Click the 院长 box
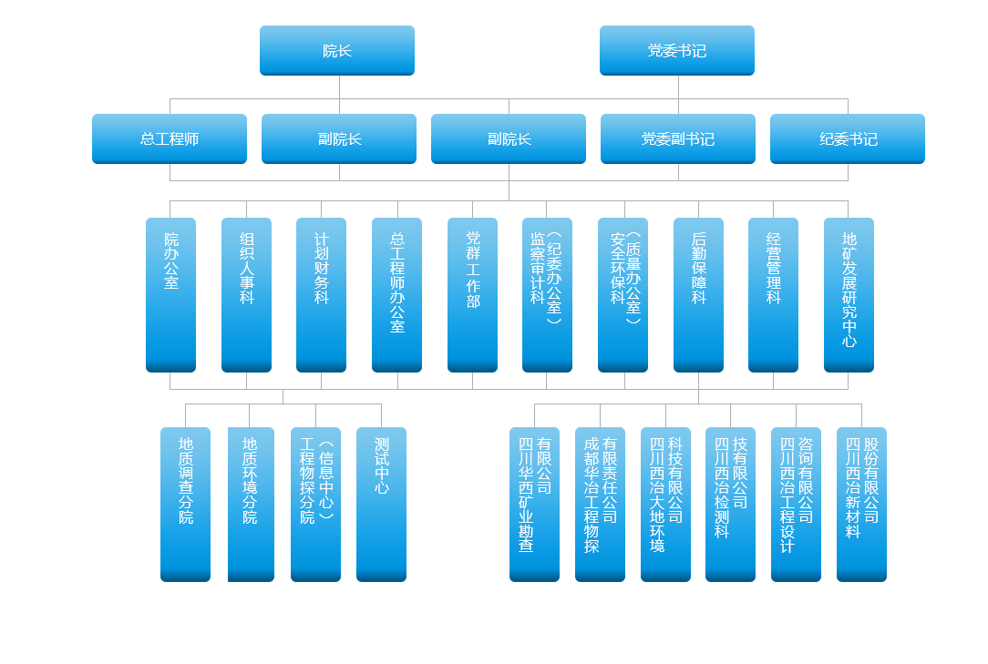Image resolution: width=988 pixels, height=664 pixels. (337, 51)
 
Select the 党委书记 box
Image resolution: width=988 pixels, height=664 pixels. (677, 51)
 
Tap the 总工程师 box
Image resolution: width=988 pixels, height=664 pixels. (170, 139)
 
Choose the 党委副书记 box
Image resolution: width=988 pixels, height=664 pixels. (678, 139)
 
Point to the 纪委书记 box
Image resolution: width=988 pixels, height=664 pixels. (848, 139)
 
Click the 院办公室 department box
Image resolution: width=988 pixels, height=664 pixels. (170, 294)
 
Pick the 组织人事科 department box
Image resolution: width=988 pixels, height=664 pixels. (246, 294)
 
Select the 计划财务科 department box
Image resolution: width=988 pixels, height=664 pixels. (321, 294)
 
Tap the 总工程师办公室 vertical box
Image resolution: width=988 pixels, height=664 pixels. (397, 294)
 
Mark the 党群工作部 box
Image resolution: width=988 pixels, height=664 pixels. (472, 294)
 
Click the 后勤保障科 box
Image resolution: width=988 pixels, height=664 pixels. (698, 294)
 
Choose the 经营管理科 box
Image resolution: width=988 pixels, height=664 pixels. (773, 294)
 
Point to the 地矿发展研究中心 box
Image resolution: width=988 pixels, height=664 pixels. (849, 294)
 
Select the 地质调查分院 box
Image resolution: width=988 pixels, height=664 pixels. (185, 504)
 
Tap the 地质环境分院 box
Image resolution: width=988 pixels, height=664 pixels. (251, 504)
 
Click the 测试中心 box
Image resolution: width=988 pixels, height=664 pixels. (381, 504)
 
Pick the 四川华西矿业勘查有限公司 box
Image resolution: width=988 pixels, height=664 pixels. (534, 504)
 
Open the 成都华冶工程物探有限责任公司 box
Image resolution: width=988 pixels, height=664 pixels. (600, 504)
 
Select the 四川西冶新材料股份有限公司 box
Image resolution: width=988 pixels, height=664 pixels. (861, 504)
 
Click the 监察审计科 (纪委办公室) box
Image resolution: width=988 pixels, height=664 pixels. (547, 294)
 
